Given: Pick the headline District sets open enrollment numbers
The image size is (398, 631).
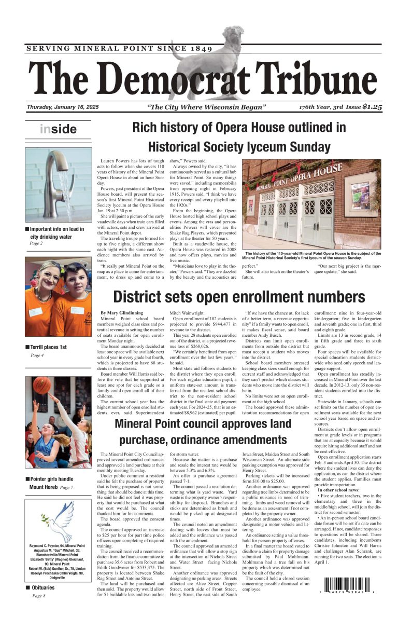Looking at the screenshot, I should (239, 297).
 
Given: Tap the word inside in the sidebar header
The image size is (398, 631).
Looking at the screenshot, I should (58, 129).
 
